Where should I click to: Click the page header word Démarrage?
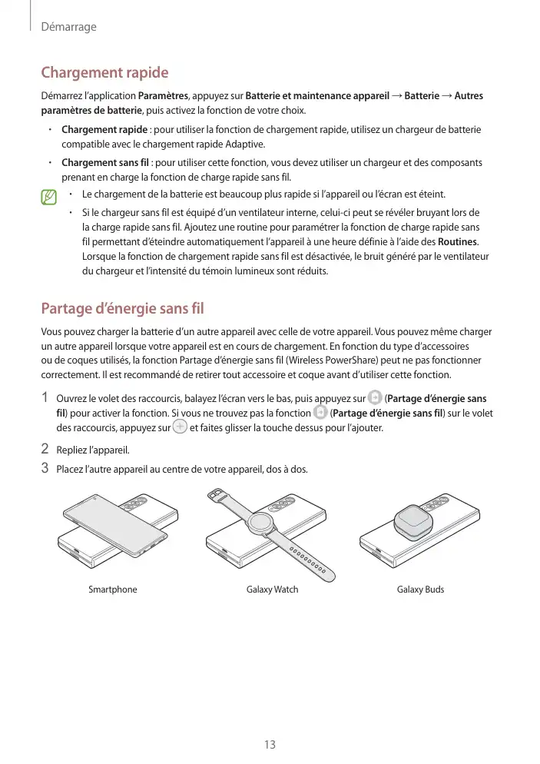click(68, 27)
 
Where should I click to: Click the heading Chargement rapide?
click(104, 73)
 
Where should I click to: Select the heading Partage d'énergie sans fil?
click(122, 309)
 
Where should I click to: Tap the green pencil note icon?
click(51, 198)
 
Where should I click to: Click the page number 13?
click(269, 745)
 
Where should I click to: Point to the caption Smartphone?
click(113, 590)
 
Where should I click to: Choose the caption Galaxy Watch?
click(272, 590)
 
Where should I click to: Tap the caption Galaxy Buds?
click(420, 590)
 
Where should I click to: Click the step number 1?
click(45, 398)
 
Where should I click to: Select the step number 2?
click(45, 449)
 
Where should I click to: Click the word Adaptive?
click(245, 144)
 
